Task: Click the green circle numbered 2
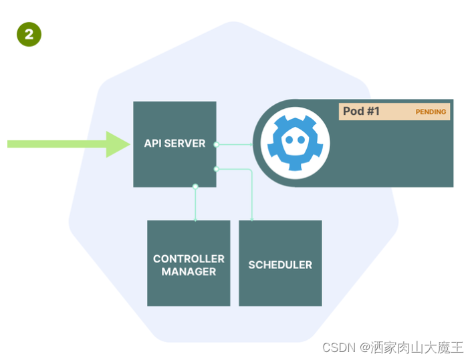(29, 35)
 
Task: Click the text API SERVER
(174, 144)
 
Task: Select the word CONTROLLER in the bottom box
(189, 258)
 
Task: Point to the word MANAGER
(189, 272)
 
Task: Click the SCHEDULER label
(280, 265)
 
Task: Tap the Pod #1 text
(361, 112)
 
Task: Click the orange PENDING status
(431, 112)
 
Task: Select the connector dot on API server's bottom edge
(195, 186)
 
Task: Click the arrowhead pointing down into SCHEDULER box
(251, 218)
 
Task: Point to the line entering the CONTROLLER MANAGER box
(195, 207)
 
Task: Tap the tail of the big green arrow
(13, 144)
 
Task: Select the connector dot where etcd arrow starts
(216, 144)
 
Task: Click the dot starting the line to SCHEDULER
(216, 169)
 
